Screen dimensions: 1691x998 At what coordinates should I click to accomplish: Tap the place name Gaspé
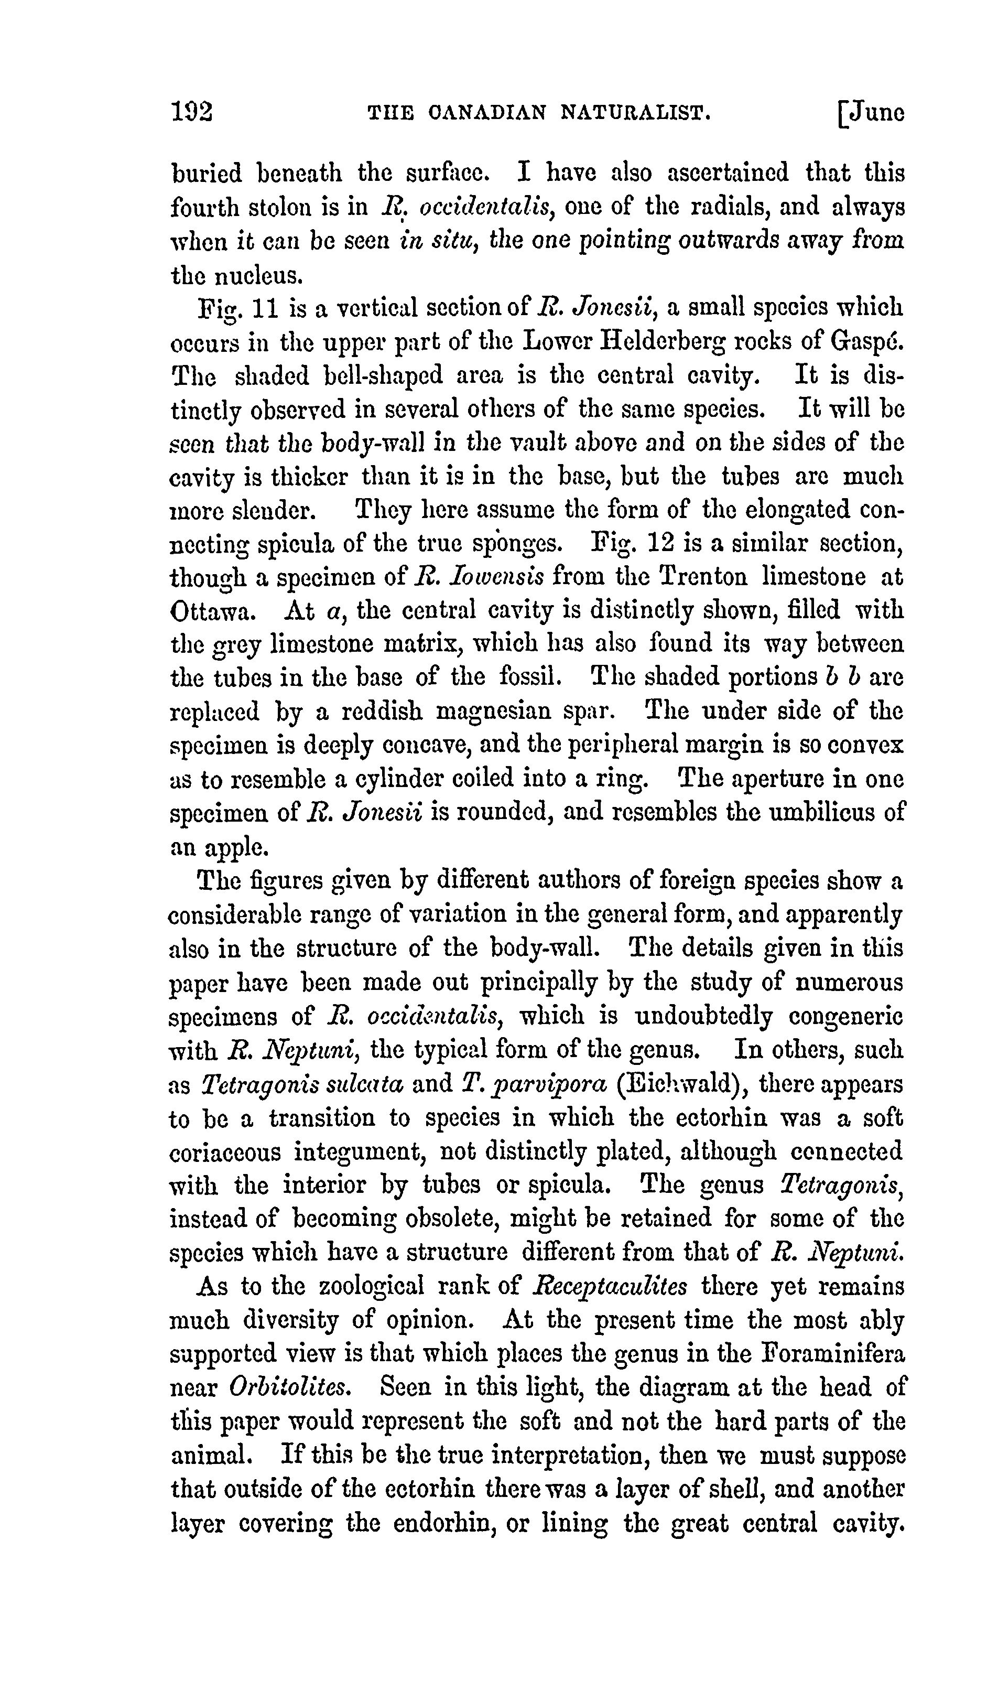coord(867,342)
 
